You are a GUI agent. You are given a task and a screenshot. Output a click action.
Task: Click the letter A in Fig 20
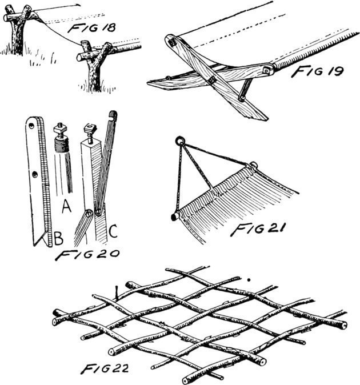(x=66, y=207)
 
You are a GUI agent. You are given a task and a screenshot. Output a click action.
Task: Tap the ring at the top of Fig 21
(x=179, y=140)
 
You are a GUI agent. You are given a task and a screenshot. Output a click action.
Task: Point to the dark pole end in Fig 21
(x=173, y=217)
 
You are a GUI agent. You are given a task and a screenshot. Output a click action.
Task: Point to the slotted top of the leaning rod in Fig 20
(x=113, y=115)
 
